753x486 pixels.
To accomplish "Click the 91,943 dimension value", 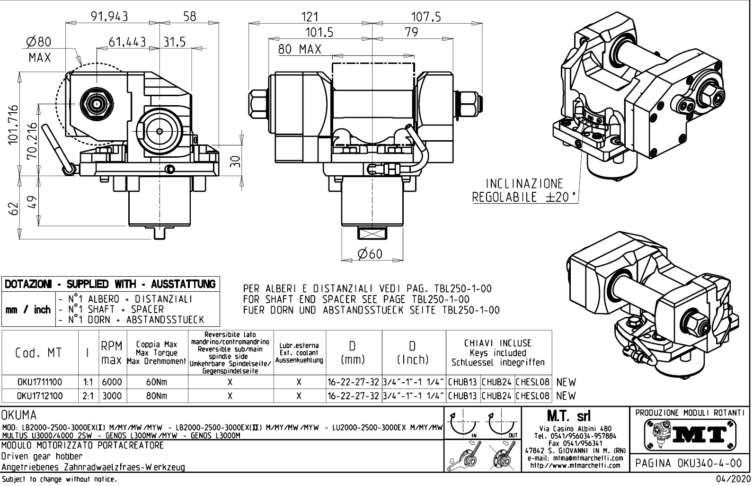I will point(110,17).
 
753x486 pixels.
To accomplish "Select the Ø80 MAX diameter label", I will point(38,50).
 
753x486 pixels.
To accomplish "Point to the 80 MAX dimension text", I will point(299,49).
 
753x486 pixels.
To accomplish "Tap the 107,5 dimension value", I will point(425,17).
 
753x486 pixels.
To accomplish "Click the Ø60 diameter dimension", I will point(370,254).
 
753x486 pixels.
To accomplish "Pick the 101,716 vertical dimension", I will point(13,125).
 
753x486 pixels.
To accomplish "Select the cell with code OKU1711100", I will point(39,382).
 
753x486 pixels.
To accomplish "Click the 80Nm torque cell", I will point(156,396).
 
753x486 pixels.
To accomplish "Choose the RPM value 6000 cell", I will point(112,382).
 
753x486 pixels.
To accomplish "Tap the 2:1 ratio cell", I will point(88,396).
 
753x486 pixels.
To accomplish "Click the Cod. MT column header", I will point(39,353).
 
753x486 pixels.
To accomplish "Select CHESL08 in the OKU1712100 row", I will point(532,396).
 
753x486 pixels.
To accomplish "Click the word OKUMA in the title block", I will point(19,415).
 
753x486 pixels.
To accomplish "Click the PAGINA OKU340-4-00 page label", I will point(689,463).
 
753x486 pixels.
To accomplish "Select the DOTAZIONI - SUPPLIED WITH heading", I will point(110,284).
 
